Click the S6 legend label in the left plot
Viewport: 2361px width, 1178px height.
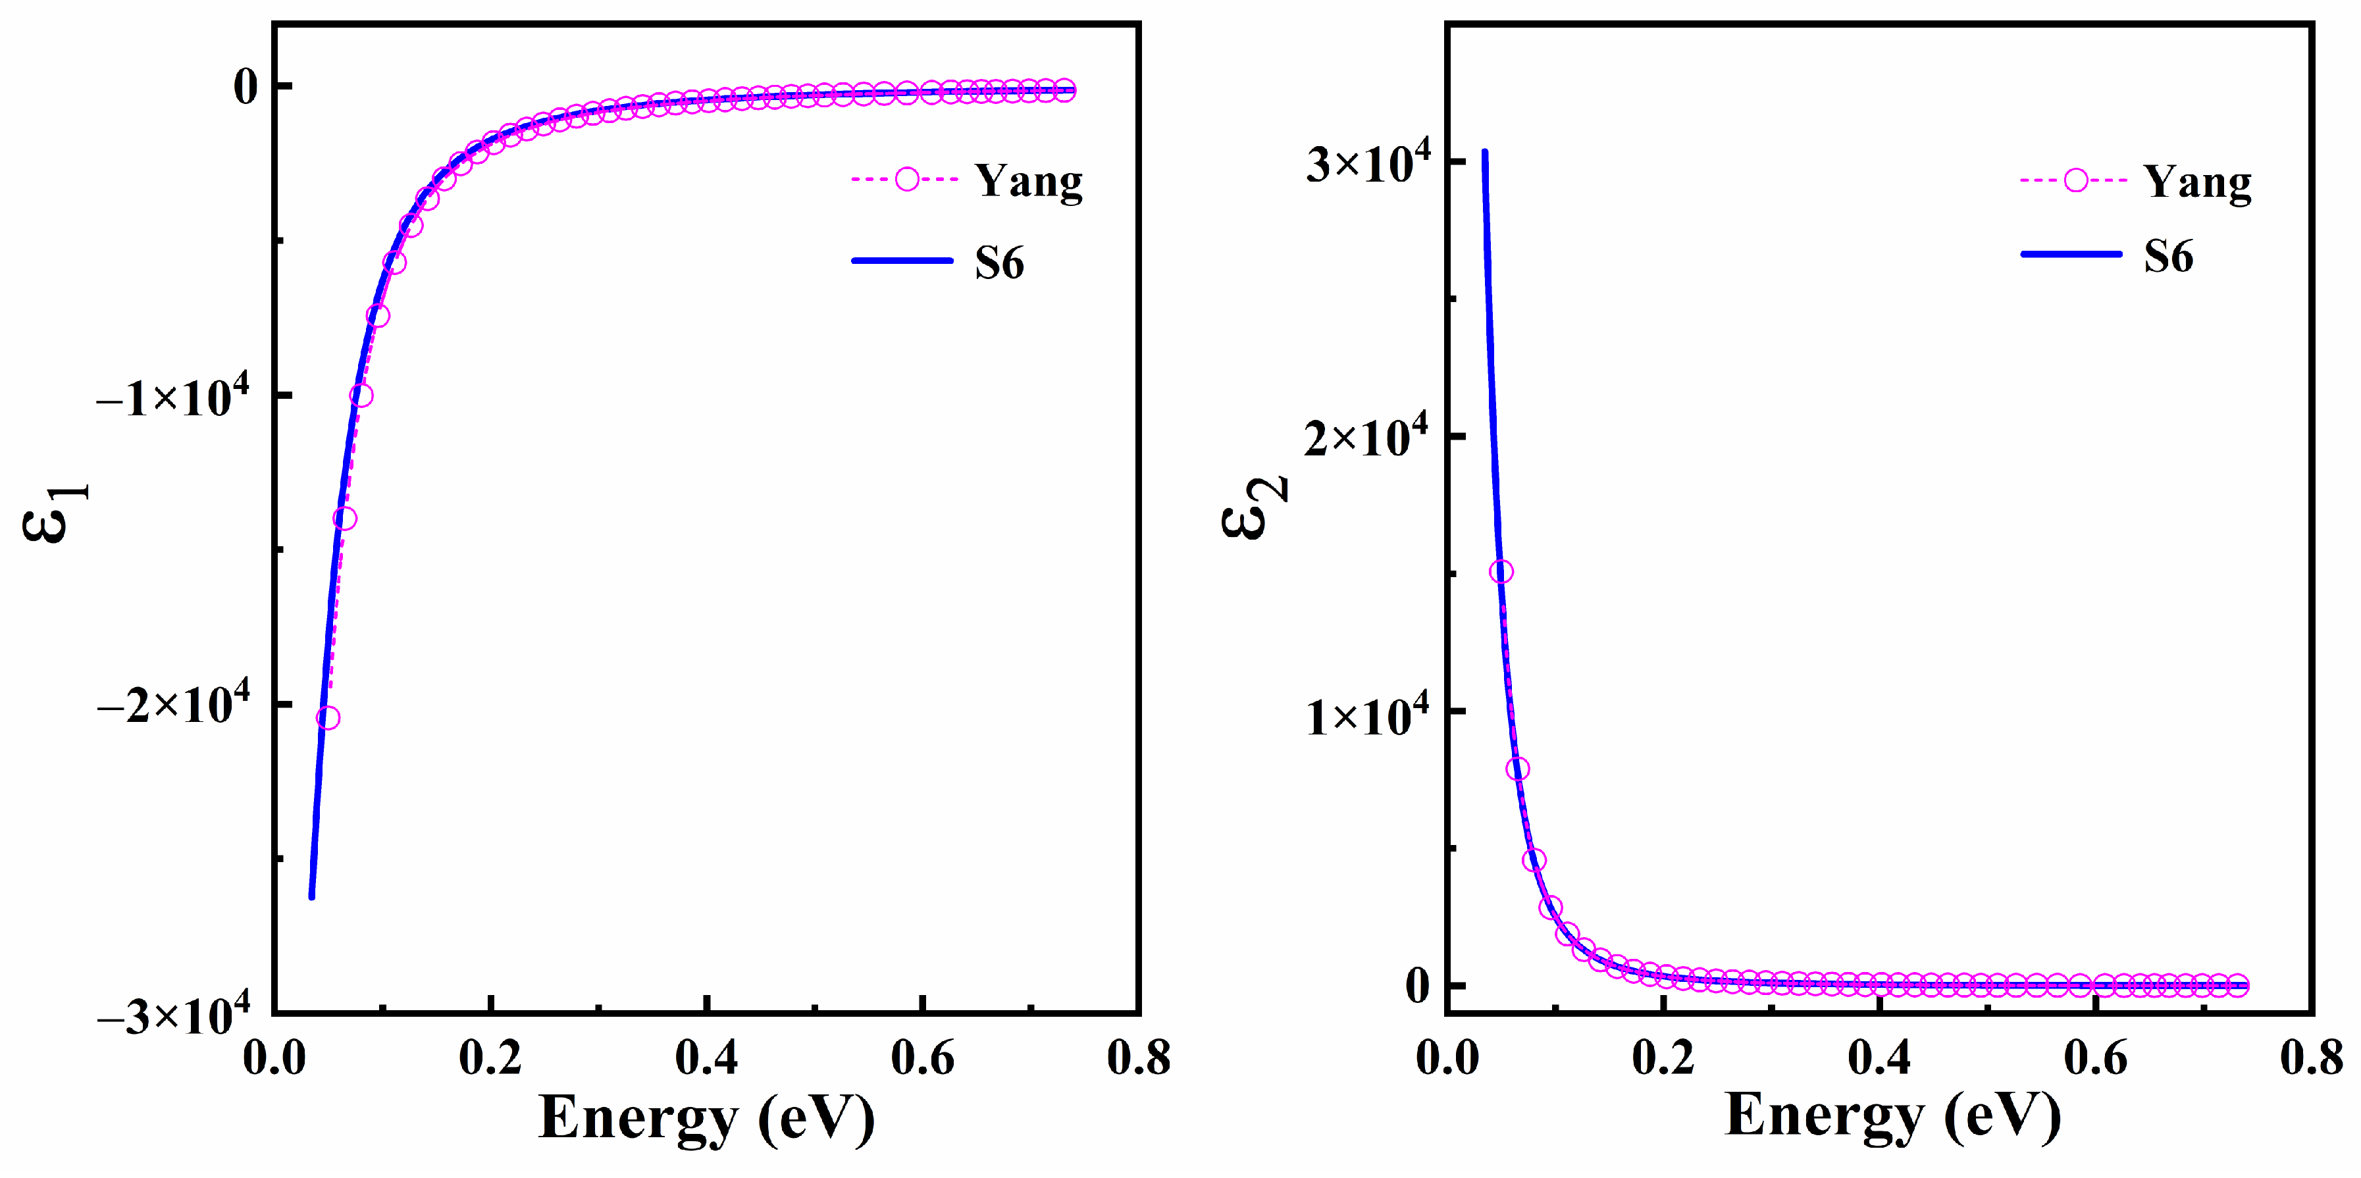(x=999, y=263)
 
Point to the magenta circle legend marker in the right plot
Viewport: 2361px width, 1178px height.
(x=2076, y=180)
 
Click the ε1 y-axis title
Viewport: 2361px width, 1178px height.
(x=55, y=513)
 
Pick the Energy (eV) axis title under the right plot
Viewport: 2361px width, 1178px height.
(x=1892, y=1117)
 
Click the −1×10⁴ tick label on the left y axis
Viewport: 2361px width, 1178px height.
(x=172, y=397)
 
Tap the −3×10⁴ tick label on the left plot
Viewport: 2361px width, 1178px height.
(x=172, y=1015)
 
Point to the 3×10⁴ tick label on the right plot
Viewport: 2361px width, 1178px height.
(x=1368, y=163)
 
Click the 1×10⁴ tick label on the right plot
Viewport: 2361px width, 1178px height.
(x=1368, y=715)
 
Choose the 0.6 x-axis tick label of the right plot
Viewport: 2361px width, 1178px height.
(x=2095, y=1058)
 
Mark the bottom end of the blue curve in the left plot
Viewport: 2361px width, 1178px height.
(x=311, y=896)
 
